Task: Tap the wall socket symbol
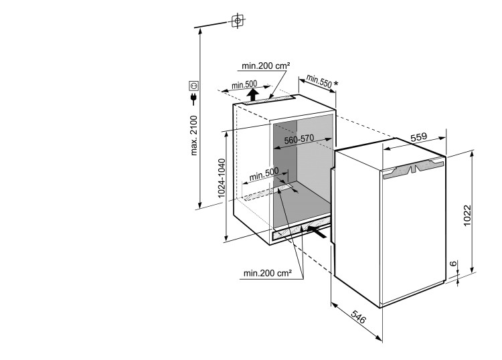(194, 86)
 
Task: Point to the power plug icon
(194, 101)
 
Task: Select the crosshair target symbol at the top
(236, 21)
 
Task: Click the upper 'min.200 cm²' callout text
(266, 66)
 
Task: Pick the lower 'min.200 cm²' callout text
(267, 273)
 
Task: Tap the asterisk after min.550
(336, 84)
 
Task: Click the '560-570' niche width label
(299, 140)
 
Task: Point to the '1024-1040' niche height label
(222, 183)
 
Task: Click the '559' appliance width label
(418, 137)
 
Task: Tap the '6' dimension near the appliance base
(453, 266)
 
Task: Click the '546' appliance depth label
(359, 320)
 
